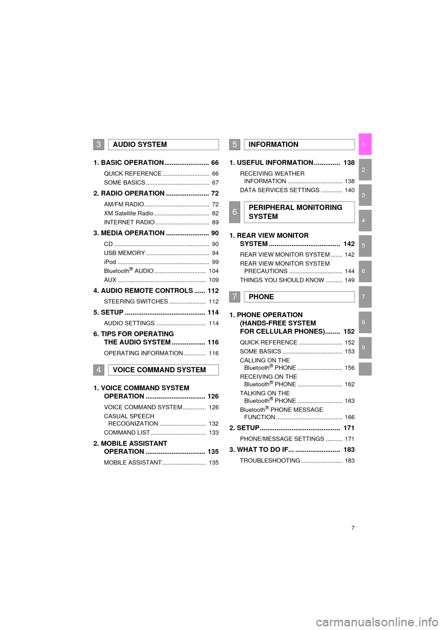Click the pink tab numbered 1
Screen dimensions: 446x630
point(365,144)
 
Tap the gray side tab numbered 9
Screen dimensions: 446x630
point(365,347)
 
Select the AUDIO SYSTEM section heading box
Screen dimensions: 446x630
point(164,145)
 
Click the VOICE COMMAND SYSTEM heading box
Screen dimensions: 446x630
point(164,370)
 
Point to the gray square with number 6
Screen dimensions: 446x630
point(235,212)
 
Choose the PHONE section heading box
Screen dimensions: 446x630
point(299,297)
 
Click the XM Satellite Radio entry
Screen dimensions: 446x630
point(129,213)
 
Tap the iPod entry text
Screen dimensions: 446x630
point(110,262)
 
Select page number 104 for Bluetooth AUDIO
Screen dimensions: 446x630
point(214,271)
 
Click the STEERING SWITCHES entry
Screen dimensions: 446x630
point(136,302)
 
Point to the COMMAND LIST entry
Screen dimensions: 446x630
point(127,432)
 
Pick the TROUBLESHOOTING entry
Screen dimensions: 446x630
point(270,461)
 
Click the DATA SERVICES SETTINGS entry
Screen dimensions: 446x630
point(280,190)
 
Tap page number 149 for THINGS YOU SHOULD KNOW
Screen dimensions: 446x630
point(350,280)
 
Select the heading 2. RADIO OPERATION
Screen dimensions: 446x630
point(129,193)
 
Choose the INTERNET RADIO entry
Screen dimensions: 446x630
point(129,223)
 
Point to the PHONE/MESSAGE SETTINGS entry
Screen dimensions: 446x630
point(282,439)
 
